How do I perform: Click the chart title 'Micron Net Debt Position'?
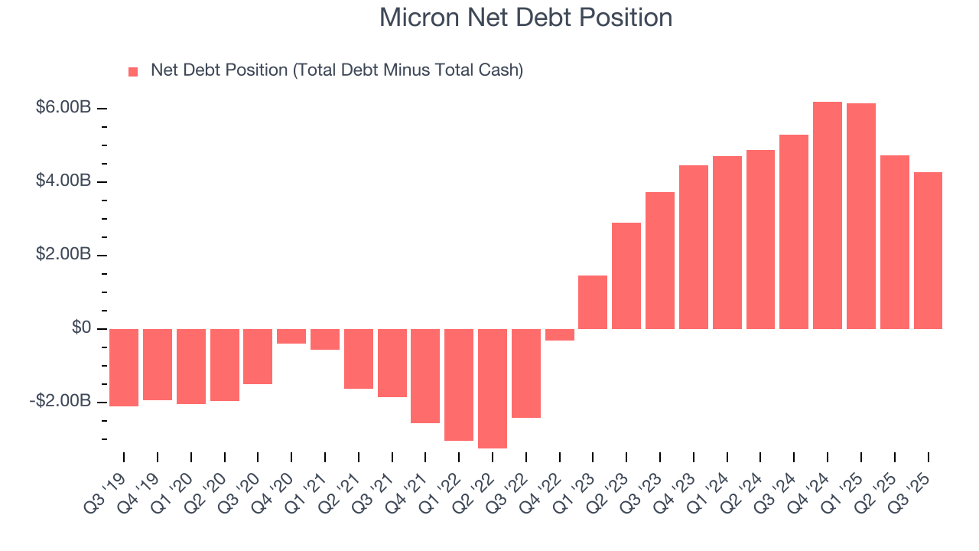[x=525, y=18]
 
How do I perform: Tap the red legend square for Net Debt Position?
[x=133, y=71]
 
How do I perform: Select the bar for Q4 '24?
[x=828, y=215]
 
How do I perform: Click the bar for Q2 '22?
[x=493, y=388]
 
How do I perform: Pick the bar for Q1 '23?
[x=593, y=302]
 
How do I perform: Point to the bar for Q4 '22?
[x=559, y=334]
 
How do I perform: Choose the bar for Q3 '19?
[x=124, y=367]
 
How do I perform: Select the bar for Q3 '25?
[x=928, y=250]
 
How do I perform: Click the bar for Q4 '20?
[x=291, y=336]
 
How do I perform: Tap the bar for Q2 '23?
[x=626, y=275]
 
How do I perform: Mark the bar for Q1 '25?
[x=861, y=216]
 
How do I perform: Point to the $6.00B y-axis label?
[x=63, y=108]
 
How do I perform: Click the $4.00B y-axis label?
[x=63, y=181]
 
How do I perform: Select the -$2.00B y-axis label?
[x=60, y=402]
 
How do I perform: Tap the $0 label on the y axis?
[x=81, y=328]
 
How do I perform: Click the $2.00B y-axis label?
[x=63, y=255]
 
